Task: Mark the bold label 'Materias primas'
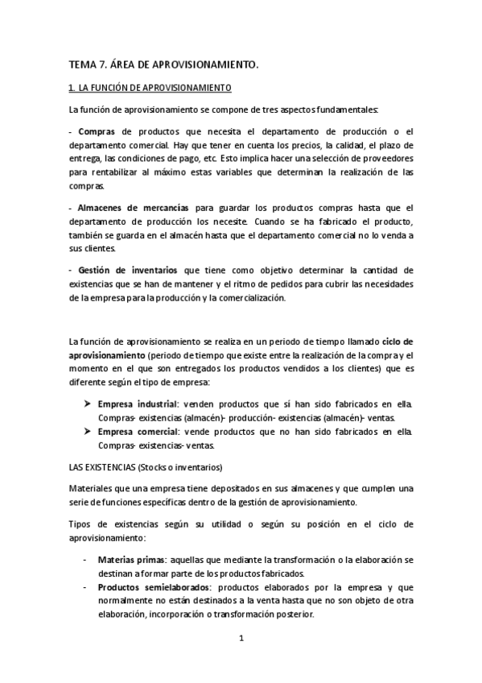(x=133, y=559)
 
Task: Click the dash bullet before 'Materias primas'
(x=85, y=559)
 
